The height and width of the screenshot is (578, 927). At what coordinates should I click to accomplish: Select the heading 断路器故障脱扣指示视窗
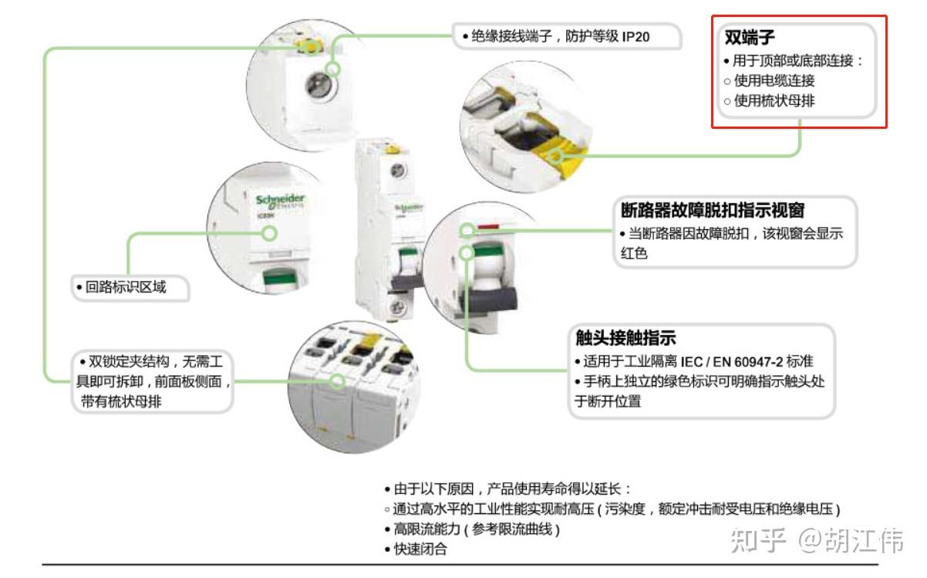[x=718, y=211]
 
